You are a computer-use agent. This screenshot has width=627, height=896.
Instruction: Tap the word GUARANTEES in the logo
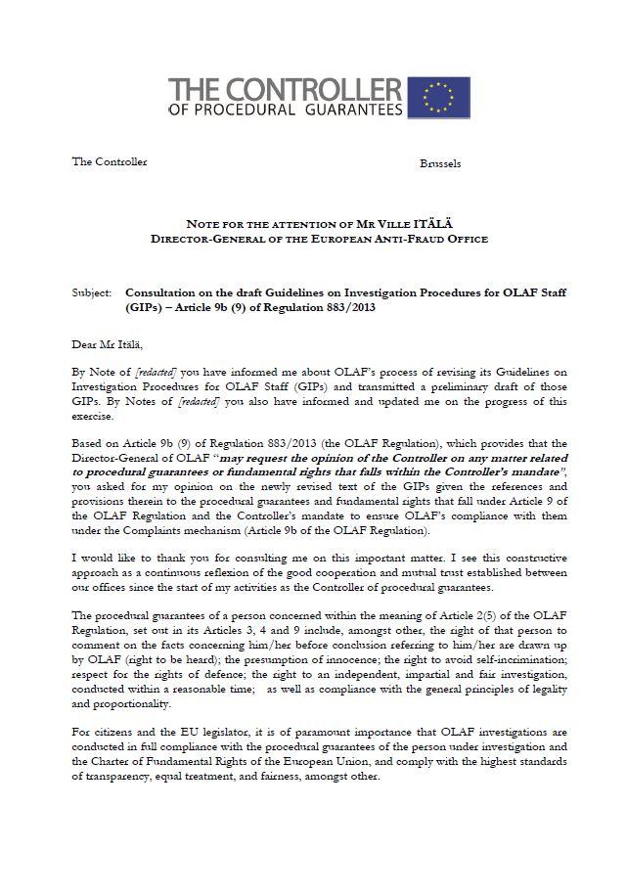[x=346, y=110]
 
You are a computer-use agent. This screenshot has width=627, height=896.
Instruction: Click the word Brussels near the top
[x=440, y=163]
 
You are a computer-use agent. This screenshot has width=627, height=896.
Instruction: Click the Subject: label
[x=91, y=292]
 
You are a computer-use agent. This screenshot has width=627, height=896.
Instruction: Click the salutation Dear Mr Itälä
[x=107, y=343]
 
